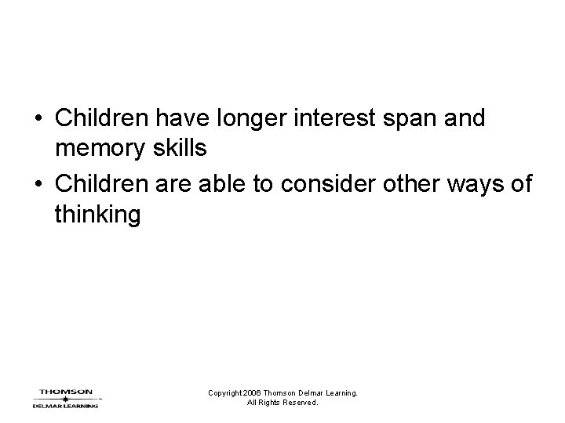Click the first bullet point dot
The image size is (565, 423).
tap(37, 120)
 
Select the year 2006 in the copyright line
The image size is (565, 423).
tap(252, 393)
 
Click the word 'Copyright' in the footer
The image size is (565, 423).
tap(225, 393)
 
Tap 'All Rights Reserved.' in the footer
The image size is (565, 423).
tap(282, 403)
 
